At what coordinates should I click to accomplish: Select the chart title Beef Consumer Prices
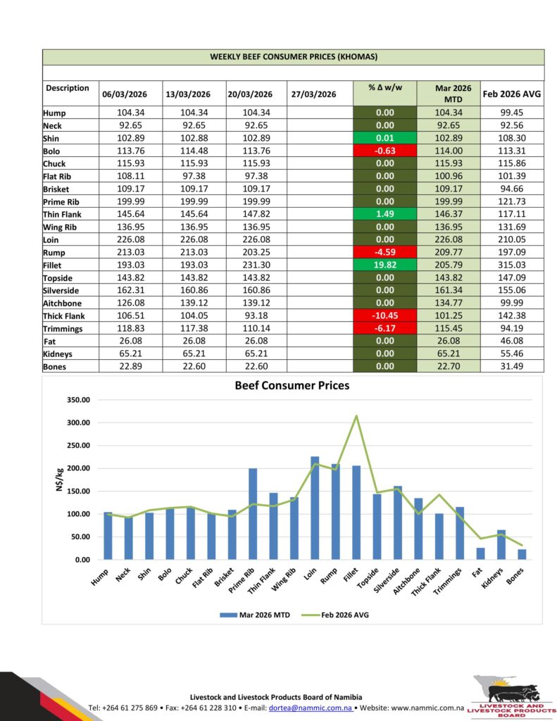tap(292, 386)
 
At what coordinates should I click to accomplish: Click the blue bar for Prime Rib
tap(253, 513)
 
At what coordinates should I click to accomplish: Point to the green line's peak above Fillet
tap(356, 416)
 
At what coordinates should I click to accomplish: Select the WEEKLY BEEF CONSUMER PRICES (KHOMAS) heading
tap(293, 56)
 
